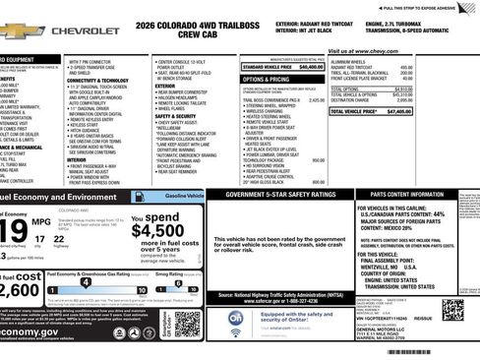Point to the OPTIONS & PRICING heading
tap(266, 78)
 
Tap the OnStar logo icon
tap(236, 318)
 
